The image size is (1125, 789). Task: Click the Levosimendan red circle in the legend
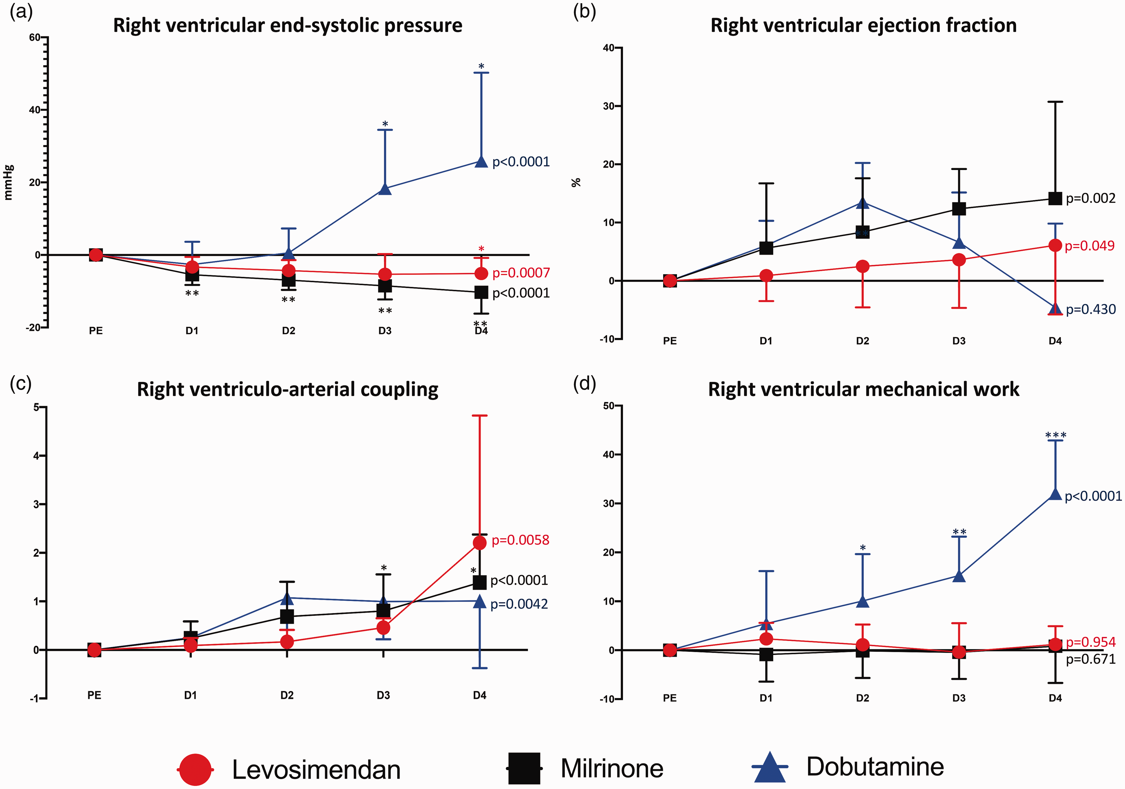(195, 770)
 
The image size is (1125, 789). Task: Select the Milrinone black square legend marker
(524, 768)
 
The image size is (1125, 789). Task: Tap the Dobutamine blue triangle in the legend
(770, 767)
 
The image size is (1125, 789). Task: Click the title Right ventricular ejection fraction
(863, 25)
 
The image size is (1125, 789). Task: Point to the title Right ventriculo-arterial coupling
(288, 390)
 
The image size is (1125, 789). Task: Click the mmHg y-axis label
(9, 182)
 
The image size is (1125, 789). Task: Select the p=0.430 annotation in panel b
(1091, 309)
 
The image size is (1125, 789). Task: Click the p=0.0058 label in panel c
(520, 540)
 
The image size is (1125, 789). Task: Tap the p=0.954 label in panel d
(1091, 642)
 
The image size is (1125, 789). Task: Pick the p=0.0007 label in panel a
(521, 273)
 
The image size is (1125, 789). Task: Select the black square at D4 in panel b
(1055, 198)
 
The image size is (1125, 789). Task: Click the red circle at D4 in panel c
(480, 543)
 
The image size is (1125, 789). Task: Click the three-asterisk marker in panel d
(1055, 435)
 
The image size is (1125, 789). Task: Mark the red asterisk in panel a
(481, 249)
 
